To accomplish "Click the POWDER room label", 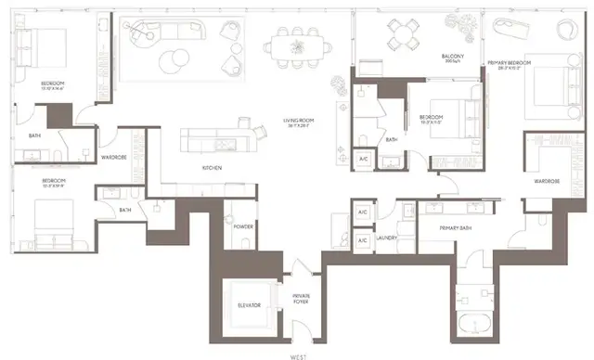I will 244,226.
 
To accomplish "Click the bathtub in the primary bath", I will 478,324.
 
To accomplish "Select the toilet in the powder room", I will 244,243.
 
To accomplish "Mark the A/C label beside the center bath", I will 365,160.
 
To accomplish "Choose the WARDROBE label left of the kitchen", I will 114,158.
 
